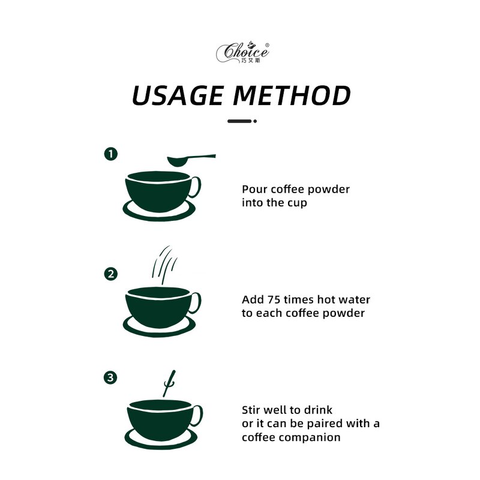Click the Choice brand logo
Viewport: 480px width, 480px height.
click(x=242, y=52)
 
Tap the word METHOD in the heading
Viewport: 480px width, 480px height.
click(x=292, y=95)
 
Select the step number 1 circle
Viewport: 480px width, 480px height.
click(x=111, y=154)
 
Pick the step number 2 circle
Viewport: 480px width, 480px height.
click(x=111, y=274)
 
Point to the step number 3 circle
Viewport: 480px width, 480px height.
click(x=110, y=377)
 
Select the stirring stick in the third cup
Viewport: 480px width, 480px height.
click(x=169, y=383)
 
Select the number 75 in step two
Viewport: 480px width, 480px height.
click(x=274, y=299)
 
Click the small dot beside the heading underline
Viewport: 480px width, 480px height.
click(x=255, y=121)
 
